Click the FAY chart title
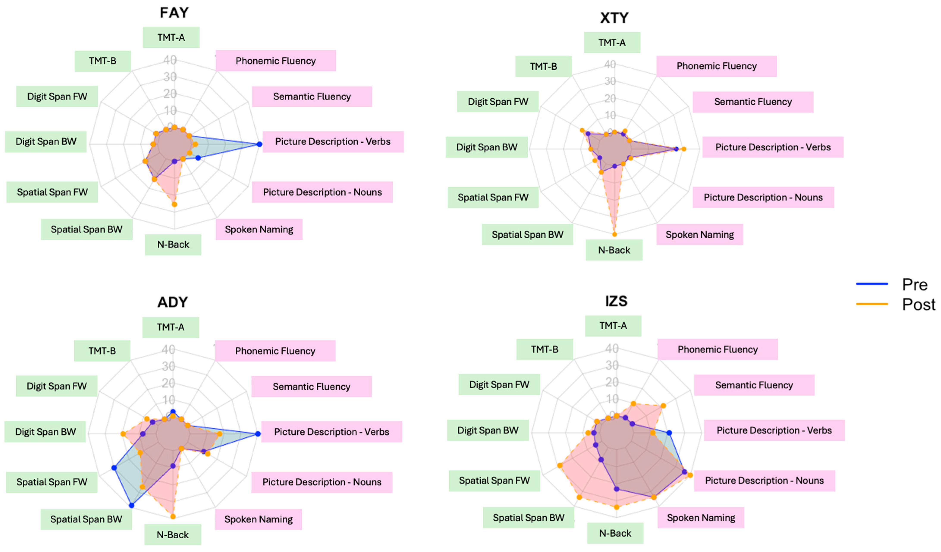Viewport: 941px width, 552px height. coord(174,13)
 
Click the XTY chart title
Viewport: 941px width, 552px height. coord(614,17)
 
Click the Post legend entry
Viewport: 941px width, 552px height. coord(918,304)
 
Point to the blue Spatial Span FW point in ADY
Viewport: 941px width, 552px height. coord(114,468)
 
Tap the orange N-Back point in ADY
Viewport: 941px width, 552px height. coord(173,516)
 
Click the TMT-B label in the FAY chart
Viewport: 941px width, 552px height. coord(103,61)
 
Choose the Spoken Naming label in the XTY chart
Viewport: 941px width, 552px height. coord(699,235)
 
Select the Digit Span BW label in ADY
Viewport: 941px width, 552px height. coord(45,432)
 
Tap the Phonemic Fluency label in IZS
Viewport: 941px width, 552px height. coord(717,349)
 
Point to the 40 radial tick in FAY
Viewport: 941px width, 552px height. coord(170,60)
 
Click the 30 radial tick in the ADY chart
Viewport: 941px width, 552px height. coord(168,366)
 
